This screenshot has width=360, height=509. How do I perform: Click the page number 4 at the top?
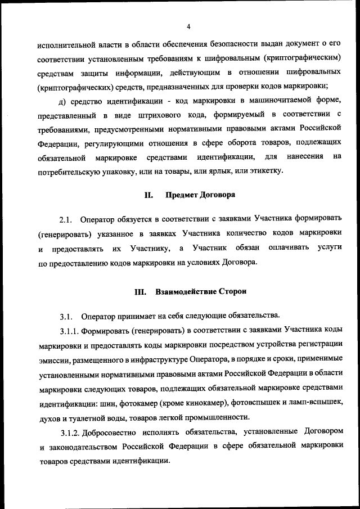[189, 26]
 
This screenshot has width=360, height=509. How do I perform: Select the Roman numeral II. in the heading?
[149, 196]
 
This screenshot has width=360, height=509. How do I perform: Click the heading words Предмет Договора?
[200, 196]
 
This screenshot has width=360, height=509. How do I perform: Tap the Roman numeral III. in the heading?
[140, 292]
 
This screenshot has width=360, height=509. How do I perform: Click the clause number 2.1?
[67, 218]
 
